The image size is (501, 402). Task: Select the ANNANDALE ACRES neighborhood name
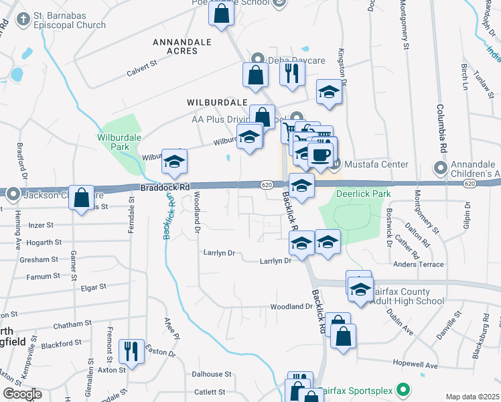(182, 46)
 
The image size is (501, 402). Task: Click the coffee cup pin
(320, 155)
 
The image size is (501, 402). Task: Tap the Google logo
(21, 394)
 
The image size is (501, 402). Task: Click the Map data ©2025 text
(472, 397)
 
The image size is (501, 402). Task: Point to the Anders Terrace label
(419, 265)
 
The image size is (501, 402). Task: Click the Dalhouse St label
(212, 375)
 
